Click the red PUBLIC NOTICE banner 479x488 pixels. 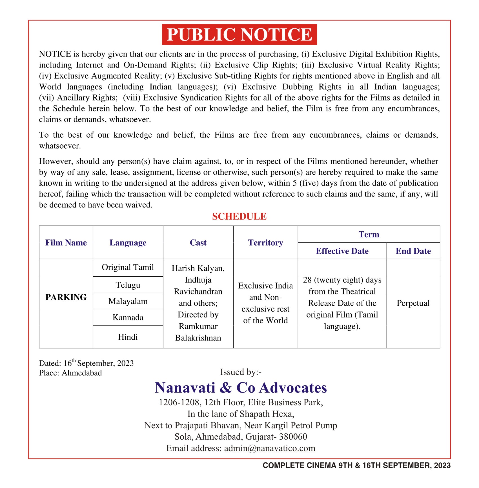tap(239, 34)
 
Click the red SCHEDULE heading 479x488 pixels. tap(239, 216)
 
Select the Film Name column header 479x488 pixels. tap(66, 243)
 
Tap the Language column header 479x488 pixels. tap(128, 243)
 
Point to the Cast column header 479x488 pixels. tap(198, 243)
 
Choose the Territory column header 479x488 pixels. tap(265, 243)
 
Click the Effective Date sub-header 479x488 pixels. tap(342, 251)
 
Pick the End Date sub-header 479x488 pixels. tap(413, 251)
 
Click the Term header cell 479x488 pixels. tap(369, 234)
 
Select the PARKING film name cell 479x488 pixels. tap(66, 297)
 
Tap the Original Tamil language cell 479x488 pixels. tap(128, 267)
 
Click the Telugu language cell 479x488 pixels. tap(128, 285)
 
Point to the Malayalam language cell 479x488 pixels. tap(128, 301)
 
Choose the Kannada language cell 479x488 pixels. tap(128, 317)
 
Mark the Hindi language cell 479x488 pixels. tap(128, 337)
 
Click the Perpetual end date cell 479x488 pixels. tap(413, 303)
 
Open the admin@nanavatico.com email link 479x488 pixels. tap(270, 448)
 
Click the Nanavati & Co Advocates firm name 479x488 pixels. tap(241, 388)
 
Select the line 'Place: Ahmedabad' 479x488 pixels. tap(70, 373)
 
